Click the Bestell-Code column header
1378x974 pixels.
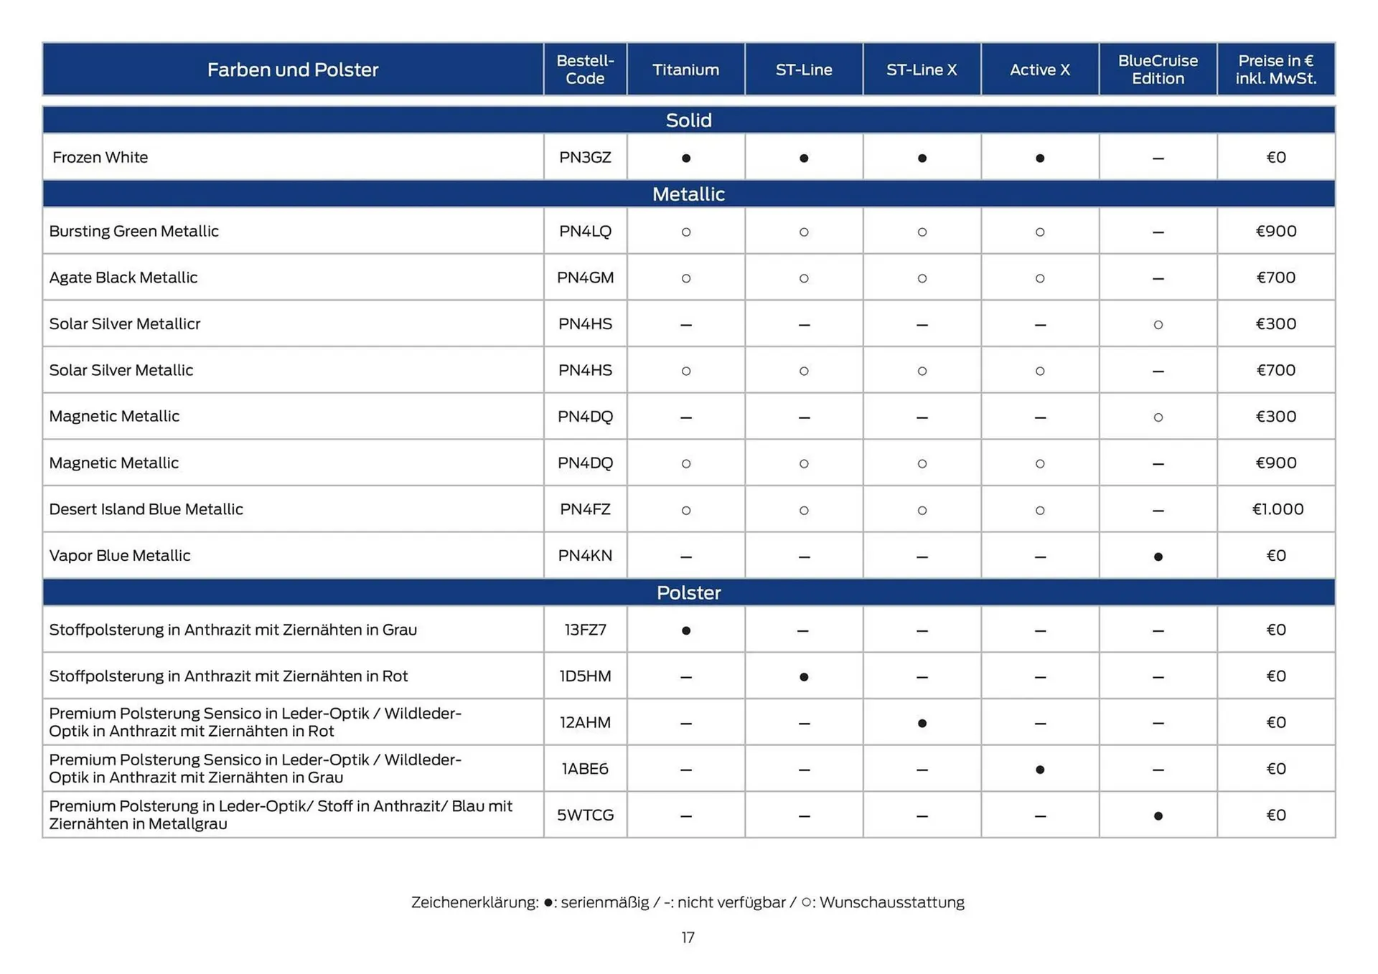tap(585, 70)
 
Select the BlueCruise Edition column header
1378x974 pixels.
tap(1158, 70)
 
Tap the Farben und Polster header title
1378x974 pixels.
tap(293, 70)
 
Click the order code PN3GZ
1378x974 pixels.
tap(585, 157)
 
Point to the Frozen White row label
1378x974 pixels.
tap(100, 157)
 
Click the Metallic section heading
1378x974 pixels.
tap(688, 194)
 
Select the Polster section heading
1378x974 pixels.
tap(688, 593)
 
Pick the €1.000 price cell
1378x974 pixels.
tap(1278, 509)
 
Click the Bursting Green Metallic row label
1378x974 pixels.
tap(134, 231)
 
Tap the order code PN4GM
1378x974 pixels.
tap(585, 278)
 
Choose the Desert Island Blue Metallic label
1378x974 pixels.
tap(146, 509)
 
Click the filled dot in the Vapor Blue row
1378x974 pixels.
tap(1158, 557)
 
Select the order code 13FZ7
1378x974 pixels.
tap(585, 630)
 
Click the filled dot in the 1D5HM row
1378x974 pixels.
tap(804, 677)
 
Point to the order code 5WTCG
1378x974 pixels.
tap(585, 815)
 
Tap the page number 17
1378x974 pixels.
tap(688, 937)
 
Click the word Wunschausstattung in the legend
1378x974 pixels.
tap(891, 902)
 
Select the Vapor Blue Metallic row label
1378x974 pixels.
tap(120, 556)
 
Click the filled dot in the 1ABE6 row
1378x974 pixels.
tap(1040, 770)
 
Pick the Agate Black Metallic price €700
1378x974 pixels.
tap(1276, 278)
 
